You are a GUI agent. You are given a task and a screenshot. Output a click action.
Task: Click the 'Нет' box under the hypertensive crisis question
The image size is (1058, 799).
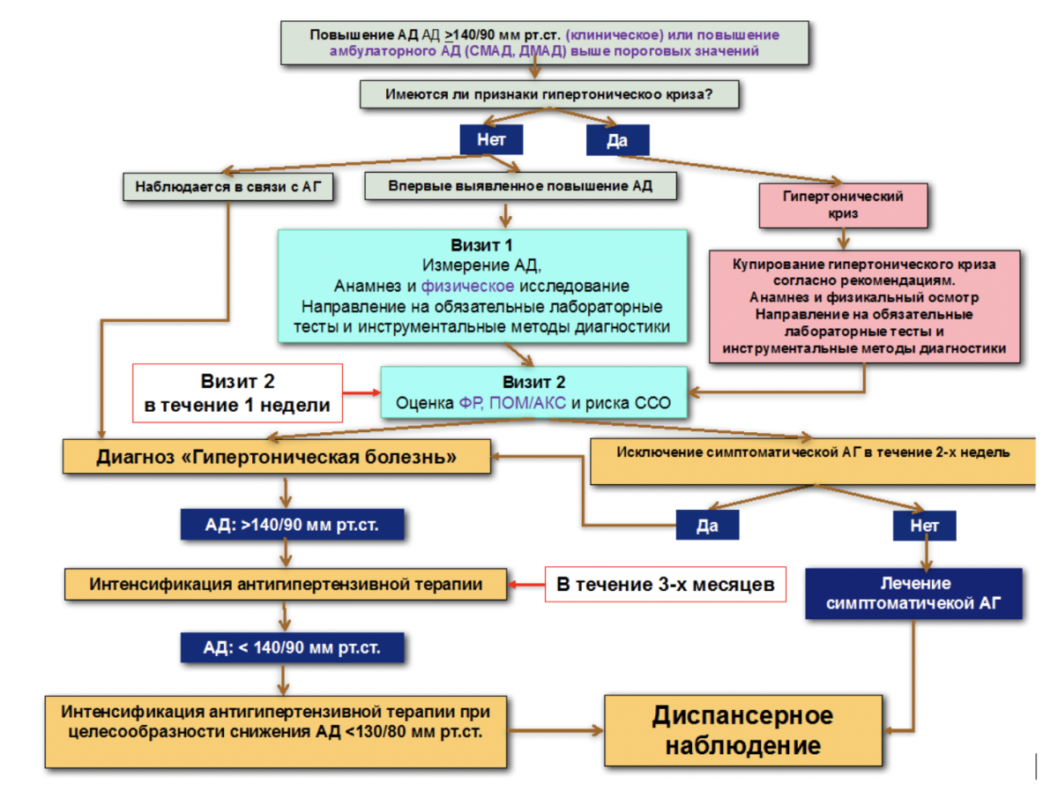pyautogui.click(x=491, y=139)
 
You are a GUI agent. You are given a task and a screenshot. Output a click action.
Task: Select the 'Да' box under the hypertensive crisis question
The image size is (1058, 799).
pyautogui.click(x=617, y=140)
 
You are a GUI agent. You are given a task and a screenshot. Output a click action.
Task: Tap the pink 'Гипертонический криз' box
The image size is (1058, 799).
pyautogui.click(x=843, y=205)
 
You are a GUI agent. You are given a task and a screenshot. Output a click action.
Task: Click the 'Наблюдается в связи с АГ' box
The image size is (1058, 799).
pyautogui.click(x=228, y=187)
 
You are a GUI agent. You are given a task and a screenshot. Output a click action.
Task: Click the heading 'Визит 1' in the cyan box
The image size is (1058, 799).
pyautogui.click(x=481, y=244)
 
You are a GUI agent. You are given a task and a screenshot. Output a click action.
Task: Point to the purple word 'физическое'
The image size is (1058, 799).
pyautogui.click(x=467, y=286)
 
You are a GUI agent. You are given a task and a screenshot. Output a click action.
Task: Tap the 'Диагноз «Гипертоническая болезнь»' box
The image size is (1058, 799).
pyautogui.click(x=277, y=457)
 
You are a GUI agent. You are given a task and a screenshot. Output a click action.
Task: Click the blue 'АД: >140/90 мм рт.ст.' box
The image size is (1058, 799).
pyautogui.click(x=292, y=525)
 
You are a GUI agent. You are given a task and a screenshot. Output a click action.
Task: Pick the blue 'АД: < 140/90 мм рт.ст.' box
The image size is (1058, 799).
pyautogui.click(x=292, y=647)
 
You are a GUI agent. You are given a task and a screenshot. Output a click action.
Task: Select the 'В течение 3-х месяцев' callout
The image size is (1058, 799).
pyautogui.click(x=666, y=584)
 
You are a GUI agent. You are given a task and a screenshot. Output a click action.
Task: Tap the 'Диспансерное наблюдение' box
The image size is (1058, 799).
pyautogui.click(x=742, y=730)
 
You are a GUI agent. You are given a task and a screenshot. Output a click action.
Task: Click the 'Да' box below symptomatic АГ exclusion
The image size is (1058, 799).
pyautogui.click(x=707, y=525)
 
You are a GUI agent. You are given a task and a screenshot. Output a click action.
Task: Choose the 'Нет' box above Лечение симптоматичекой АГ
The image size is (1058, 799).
pyautogui.click(x=924, y=525)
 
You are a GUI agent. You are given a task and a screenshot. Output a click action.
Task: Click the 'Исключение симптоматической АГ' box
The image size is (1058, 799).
pyautogui.click(x=813, y=459)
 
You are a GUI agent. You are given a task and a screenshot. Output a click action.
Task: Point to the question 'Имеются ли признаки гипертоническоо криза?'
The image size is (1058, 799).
pyautogui.click(x=548, y=93)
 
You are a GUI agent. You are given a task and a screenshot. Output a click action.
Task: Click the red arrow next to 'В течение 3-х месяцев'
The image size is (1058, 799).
pyautogui.click(x=527, y=584)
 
